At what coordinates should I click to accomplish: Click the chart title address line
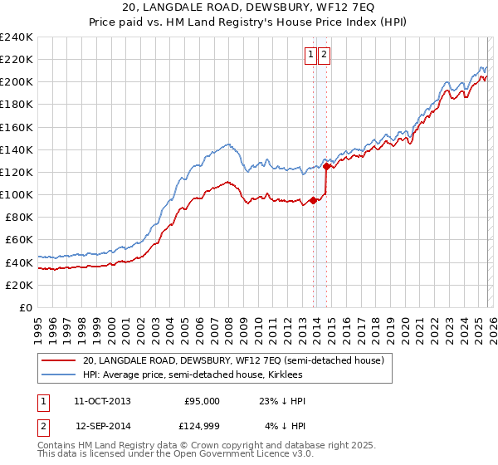[x=248, y=7]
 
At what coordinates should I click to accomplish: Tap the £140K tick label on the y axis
[x=17, y=149]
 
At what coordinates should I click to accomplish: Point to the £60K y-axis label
[x=19, y=239]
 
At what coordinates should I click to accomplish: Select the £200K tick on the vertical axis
[x=17, y=82]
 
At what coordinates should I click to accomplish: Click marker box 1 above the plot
[x=310, y=56]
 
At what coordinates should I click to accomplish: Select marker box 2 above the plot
[x=324, y=56]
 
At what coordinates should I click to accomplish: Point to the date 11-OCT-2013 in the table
[x=102, y=401]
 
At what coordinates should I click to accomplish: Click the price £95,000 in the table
[x=202, y=401]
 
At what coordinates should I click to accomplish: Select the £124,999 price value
[x=202, y=428]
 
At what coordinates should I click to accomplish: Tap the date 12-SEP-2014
[x=102, y=428]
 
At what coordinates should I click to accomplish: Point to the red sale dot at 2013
[x=313, y=200]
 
